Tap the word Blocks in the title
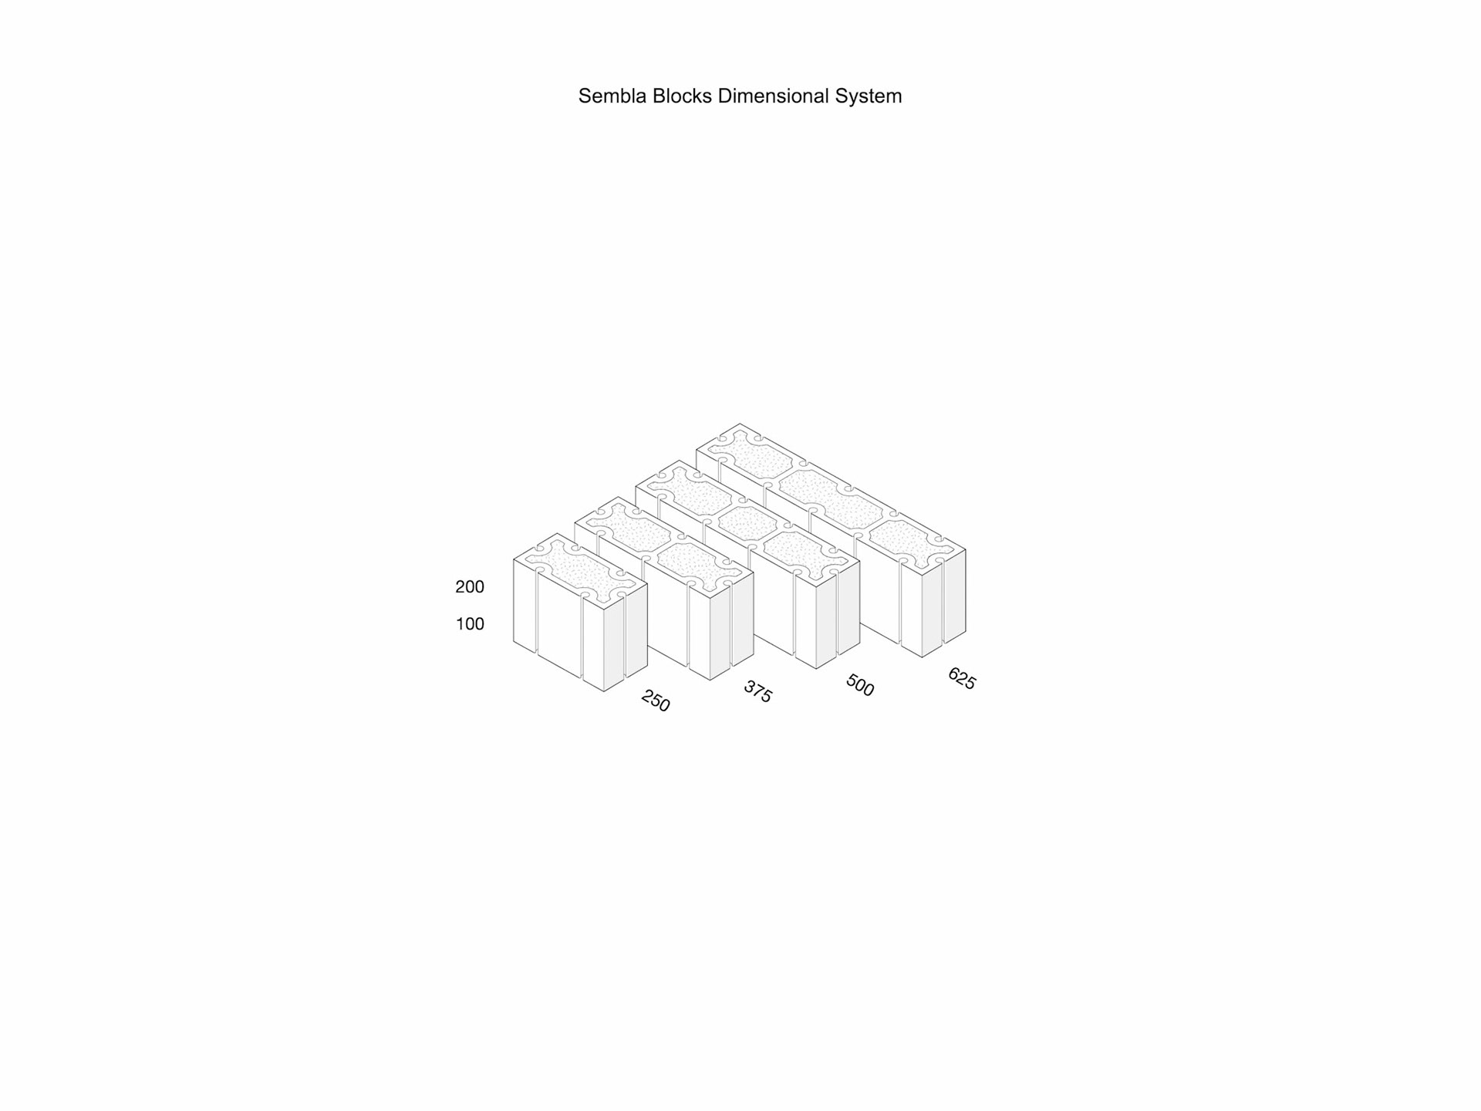(682, 96)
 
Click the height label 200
(470, 587)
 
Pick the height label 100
(470, 624)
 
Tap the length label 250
(656, 701)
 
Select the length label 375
(757, 691)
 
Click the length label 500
(860, 685)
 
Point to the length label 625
(962, 679)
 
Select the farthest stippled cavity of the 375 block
(632, 530)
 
